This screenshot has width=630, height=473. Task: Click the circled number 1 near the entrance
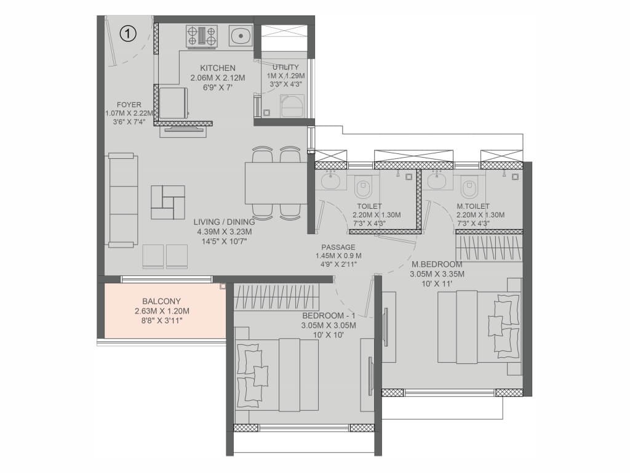coord(128,33)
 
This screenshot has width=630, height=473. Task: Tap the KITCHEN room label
coord(218,68)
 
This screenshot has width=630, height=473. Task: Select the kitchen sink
coord(241,36)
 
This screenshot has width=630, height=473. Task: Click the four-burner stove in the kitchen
coord(202,35)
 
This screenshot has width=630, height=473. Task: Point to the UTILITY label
coord(285,67)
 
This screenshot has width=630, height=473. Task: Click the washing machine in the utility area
coord(292,106)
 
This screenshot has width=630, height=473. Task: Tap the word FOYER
coord(129,105)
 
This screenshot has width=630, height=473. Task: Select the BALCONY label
coord(162,301)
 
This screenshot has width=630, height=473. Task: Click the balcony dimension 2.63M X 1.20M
coord(162,311)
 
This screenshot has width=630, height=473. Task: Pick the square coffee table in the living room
coord(168,202)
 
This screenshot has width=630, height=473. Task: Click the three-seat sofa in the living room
coord(122,200)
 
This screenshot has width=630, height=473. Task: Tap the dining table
coord(276,183)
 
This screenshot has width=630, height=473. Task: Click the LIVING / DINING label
coord(224,222)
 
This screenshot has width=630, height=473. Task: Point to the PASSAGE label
coord(338,248)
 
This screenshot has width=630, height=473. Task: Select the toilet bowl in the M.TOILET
coord(468,187)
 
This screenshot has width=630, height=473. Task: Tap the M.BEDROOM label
coord(437,264)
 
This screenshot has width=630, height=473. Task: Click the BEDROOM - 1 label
coord(329,316)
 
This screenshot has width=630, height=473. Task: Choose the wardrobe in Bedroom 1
coord(277,297)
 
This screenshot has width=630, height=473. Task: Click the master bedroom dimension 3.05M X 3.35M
coord(437,274)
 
